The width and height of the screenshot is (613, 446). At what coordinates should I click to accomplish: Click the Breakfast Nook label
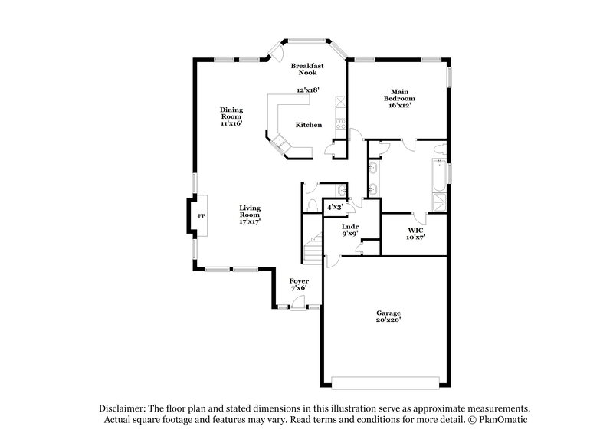pos(307,69)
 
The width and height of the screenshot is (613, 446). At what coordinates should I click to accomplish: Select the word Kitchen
pos(309,125)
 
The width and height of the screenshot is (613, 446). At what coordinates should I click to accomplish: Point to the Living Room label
pos(250,214)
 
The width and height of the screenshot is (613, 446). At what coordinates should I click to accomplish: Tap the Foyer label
pos(299,284)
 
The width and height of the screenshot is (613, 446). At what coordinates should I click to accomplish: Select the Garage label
pos(388,316)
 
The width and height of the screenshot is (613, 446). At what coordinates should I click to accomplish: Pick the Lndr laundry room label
pos(350,229)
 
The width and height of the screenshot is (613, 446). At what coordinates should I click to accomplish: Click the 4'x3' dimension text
pos(335,207)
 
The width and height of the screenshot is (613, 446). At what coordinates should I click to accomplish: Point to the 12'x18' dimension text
pos(308,90)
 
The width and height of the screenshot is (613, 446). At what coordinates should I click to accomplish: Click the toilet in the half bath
pos(312,205)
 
